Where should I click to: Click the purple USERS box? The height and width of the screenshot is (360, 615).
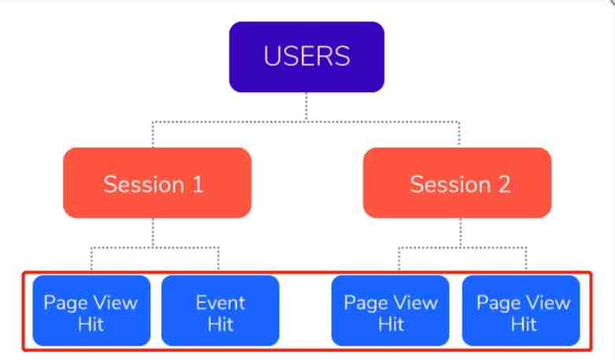(x=307, y=57)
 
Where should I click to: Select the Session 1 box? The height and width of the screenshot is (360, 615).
(x=157, y=182)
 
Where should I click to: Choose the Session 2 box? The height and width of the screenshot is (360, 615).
(x=457, y=182)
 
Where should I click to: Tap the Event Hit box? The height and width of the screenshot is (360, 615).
(x=220, y=310)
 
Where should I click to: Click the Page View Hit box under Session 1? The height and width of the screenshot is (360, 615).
(x=91, y=310)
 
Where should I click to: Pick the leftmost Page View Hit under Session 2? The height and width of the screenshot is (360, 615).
(x=390, y=310)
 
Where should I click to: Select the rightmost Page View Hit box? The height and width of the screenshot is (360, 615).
(x=521, y=310)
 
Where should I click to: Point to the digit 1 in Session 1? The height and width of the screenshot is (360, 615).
(x=198, y=184)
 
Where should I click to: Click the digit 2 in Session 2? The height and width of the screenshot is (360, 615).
(x=504, y=184)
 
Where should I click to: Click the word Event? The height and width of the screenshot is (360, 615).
(x=220, y=303)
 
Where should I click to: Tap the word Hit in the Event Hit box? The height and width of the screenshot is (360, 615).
(x=220, y=325)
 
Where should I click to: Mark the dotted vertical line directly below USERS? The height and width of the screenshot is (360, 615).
(x=307, y=107)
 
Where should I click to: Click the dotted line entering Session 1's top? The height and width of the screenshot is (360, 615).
(x=153, y=134)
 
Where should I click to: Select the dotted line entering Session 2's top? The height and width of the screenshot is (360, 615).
(x=459, y=134)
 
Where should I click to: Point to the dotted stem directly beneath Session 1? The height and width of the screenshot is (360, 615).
(x=153, y=233)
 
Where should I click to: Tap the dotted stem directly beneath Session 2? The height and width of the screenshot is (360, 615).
(x=461, y=233)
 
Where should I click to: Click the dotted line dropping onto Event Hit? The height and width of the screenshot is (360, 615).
(x=219, y=259)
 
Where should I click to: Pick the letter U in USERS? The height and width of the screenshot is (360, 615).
(x=271, y=56)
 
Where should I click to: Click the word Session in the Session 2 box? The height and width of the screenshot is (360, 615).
(x=451, y=184)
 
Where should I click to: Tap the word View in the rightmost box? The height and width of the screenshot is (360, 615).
(x=548, y=303)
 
